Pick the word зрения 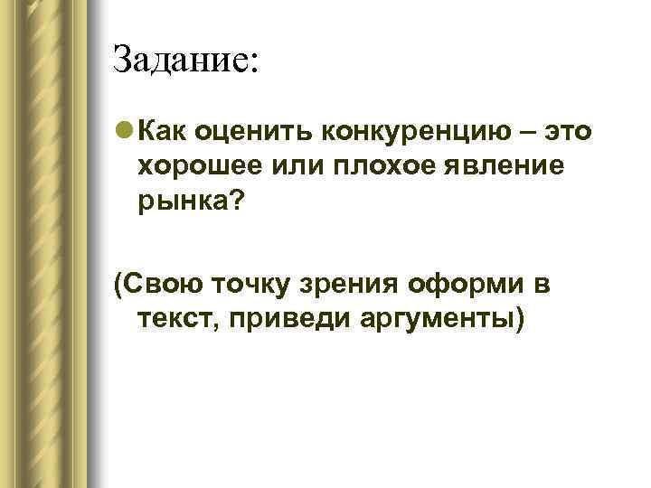pos(335,288)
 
